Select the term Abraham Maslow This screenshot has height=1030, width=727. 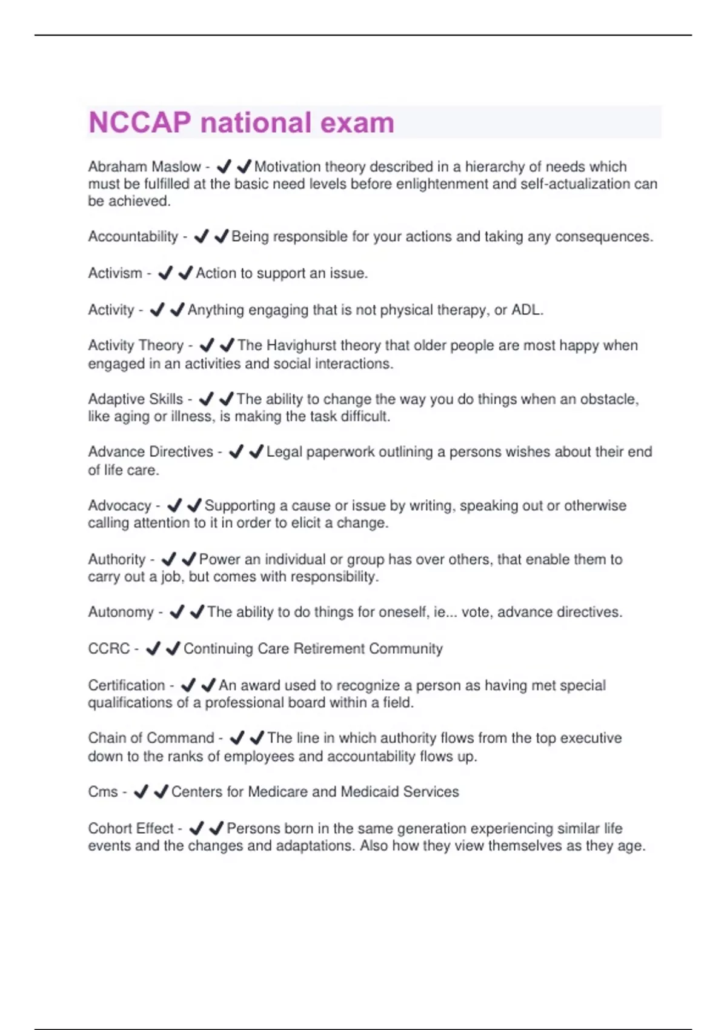tap(144, 167)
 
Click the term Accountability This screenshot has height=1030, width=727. tap(133, 236)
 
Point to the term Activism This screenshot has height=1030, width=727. tap(115, 273)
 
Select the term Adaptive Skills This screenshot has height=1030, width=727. tap(135, 399)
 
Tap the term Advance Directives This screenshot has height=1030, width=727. tap(150, 452)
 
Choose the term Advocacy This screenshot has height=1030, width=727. tap(119, 506)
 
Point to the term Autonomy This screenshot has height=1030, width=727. tap(121, 613)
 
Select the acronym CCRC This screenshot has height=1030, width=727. tap(109, 649)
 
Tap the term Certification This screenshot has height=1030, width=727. tap(126, 685)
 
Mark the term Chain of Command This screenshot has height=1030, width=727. tap(151, 738)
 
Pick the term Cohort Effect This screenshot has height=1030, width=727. tap(130, 828)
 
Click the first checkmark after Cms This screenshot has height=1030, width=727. tap(141, 792)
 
